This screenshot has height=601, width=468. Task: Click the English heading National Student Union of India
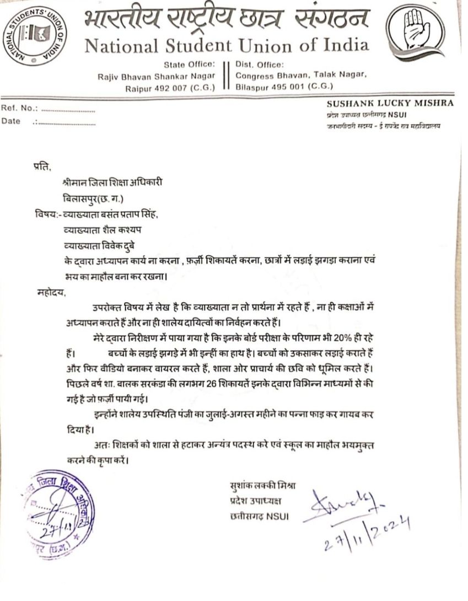pos(227,46)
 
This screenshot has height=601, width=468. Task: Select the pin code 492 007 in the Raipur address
pos(173,87)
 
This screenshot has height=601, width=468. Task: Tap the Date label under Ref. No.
pos(11,121)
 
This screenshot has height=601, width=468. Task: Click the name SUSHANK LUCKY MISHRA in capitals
pos(390,103)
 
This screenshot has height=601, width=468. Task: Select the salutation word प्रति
pos(41,167)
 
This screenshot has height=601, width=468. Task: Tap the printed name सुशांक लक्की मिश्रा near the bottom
pos(263,486)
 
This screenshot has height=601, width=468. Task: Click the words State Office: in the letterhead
pos(189,64)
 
